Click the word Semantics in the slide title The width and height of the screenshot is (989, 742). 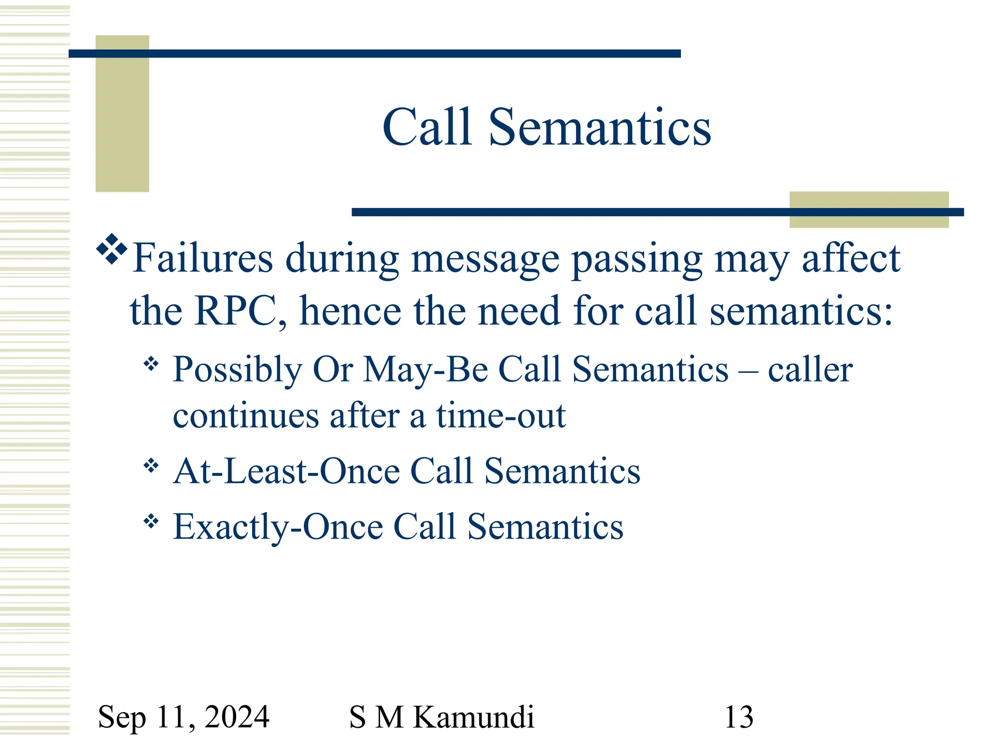click(600, 127)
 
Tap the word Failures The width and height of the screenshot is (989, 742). click(203, 258)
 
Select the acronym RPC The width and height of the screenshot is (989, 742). click(235, 310)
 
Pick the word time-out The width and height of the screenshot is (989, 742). click(501, 415)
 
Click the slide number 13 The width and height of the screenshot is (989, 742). click(739, 717)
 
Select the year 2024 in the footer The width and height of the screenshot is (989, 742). click(237, 717)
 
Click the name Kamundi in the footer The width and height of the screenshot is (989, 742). click(474, 717)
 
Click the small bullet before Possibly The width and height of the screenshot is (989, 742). click(151, 364)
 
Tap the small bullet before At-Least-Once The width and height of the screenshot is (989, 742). click(151, 466)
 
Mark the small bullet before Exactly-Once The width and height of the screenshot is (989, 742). click(151, 521)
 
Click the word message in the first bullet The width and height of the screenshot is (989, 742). click(485, 259)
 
